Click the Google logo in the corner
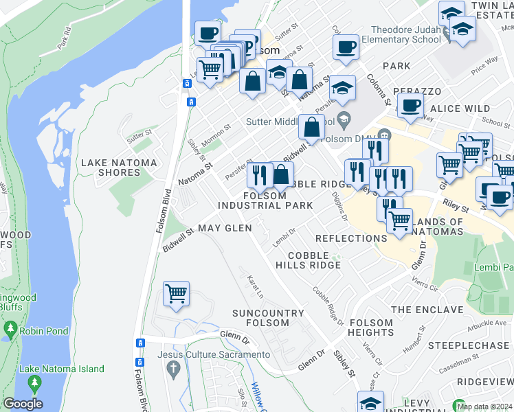23,404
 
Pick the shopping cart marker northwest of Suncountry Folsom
177,294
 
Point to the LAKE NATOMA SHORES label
119,168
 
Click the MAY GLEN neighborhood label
225,227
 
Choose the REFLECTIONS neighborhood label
351,238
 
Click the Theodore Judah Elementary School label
405,34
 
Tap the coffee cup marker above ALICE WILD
411,106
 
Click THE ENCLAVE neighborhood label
427,310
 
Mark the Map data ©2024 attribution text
484,406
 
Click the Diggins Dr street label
344,206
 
